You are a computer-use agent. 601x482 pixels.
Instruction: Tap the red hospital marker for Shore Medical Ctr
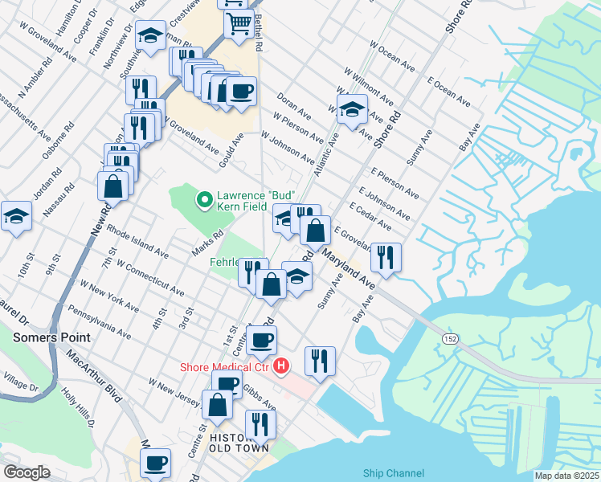[x=281, y=367]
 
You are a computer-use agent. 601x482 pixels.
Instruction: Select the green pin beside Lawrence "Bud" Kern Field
[x=205, y=198]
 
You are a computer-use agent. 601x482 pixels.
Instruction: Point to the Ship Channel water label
[x=393, y=474]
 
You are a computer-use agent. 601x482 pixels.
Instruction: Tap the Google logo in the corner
[x=27, y=472]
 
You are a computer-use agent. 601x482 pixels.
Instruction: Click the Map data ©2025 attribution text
[x=566, y=476]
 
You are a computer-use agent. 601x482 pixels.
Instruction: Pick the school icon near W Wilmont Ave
[x=352, y=109]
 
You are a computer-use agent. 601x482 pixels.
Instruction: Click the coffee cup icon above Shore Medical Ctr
[x=261, y=340]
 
